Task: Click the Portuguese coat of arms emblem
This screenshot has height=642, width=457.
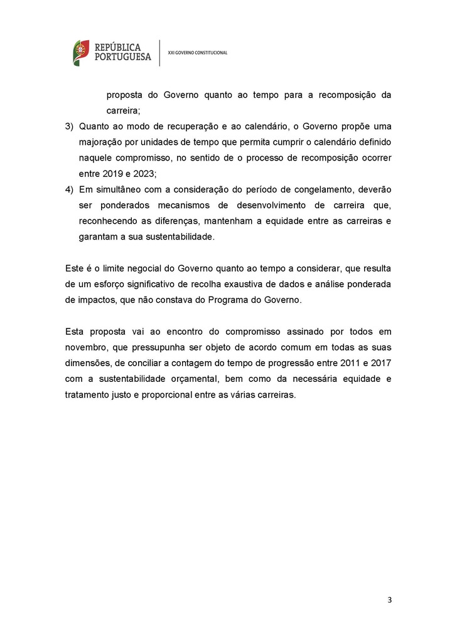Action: click(80, 53)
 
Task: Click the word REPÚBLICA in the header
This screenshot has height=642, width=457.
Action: click(118, 47)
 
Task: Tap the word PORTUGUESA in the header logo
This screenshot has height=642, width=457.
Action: click(122, 57)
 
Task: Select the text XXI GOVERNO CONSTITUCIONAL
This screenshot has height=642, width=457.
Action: click(198, 53)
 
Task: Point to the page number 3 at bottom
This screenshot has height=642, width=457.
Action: click(389, 600)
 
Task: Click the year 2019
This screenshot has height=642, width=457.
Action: click(112, 174)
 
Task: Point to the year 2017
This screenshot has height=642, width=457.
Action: click(381, 363)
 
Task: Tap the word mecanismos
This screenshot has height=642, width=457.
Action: click(178, 205)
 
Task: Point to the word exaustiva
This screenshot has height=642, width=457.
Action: click(248, 284)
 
